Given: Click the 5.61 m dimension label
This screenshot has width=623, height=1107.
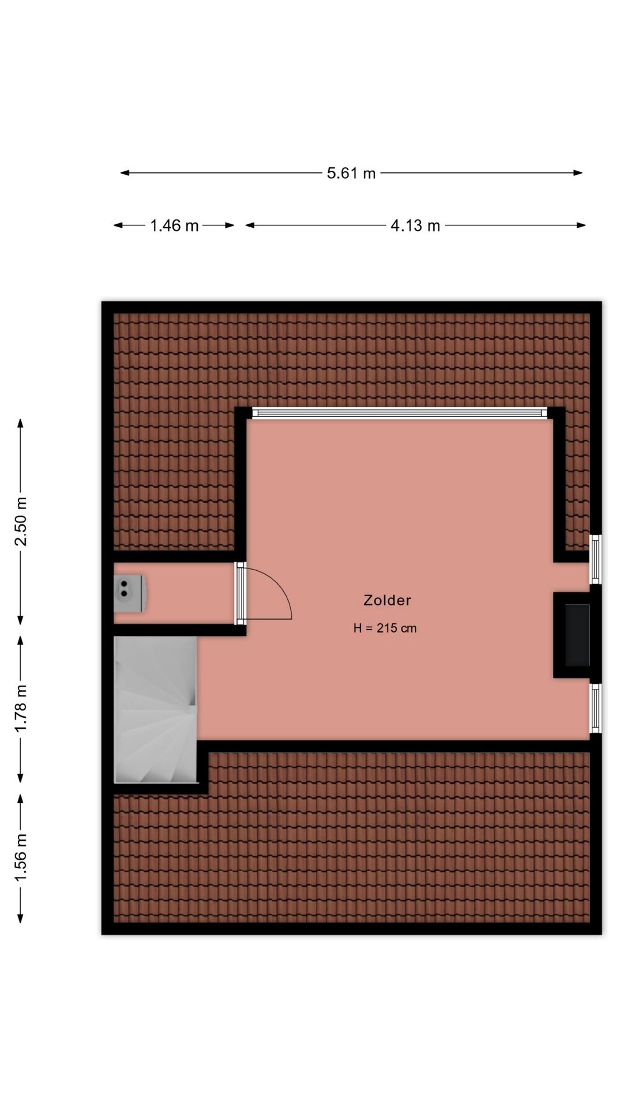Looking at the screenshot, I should (351, 173).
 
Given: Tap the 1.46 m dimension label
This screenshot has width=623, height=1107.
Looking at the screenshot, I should (174, 225).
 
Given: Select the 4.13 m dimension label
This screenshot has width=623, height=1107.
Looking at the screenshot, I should (415, 225).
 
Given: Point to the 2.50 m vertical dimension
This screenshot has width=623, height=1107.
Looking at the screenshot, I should (21, 521).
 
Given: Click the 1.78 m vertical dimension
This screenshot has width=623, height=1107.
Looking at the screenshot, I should (21, 709).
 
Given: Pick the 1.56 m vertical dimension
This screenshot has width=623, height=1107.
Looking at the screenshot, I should (21, 857).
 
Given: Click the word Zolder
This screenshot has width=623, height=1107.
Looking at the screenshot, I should (387, 600).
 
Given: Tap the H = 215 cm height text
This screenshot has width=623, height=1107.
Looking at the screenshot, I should (385, 628).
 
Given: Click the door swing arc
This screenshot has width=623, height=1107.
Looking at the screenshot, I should (277, 585).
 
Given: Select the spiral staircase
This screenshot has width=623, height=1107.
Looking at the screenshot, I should (156, 709).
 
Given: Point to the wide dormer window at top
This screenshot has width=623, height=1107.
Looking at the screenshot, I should (399, 412).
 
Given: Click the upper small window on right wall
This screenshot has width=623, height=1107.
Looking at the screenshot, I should (595, 559).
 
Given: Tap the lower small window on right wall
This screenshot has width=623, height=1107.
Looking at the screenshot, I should (595, 708).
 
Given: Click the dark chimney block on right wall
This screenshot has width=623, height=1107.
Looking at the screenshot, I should (576, 635).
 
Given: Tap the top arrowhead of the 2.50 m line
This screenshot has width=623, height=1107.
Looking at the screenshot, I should (21, 423).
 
